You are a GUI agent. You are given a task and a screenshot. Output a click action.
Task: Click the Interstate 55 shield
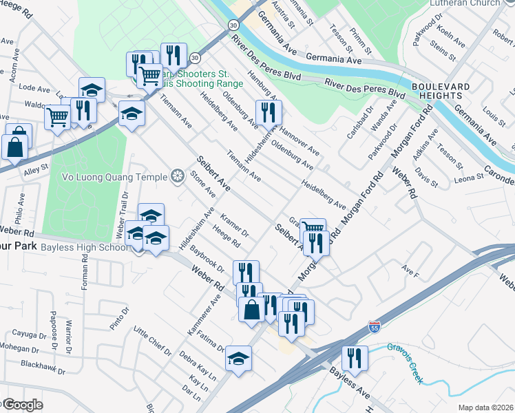point(375,325)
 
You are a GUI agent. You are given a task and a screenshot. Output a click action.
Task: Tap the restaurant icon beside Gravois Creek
point(355,357)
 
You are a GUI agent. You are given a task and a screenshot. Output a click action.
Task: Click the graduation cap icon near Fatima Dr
point(238,358)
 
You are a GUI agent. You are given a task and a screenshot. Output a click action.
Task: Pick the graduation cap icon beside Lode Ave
point(92,89)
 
